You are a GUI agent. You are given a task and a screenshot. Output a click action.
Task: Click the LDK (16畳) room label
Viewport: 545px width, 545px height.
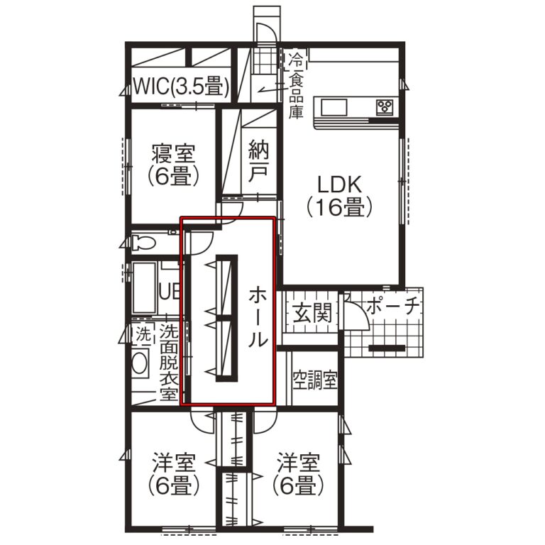340,197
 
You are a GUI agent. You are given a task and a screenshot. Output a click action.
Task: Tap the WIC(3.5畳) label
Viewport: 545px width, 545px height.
182,86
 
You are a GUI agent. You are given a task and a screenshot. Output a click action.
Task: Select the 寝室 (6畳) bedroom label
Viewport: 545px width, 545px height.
173,165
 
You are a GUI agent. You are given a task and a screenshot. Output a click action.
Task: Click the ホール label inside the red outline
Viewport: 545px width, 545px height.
258,317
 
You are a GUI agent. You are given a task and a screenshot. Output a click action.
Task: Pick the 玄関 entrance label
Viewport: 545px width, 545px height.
312,313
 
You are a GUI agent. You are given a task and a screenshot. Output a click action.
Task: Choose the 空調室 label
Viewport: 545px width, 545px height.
315,380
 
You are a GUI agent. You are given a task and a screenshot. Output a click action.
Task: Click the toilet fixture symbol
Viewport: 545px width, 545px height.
143,242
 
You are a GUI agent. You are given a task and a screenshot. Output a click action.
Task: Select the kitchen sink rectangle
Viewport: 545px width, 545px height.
334,108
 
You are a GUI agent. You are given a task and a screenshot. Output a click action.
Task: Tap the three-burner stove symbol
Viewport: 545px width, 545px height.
385,106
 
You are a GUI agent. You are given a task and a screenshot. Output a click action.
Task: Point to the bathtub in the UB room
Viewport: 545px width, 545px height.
145,288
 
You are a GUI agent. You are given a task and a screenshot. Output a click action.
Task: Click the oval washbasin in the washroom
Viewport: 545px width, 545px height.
140,363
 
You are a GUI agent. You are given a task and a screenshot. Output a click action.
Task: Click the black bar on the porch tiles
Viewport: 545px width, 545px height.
387,348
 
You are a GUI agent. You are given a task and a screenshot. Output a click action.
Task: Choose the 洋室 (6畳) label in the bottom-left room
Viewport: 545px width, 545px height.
173,475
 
